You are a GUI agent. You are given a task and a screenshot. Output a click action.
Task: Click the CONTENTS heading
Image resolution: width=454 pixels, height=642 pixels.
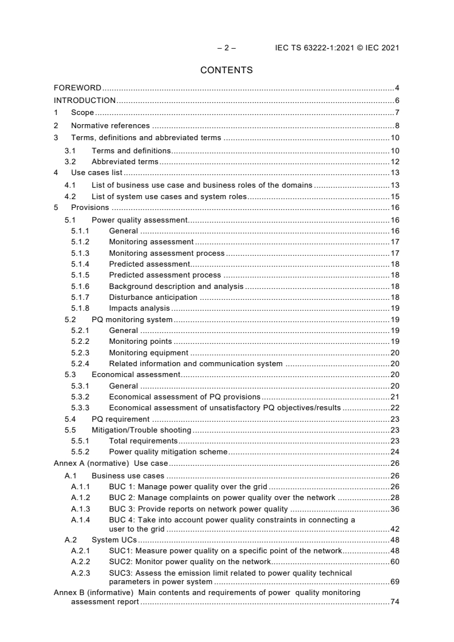coord(227,70)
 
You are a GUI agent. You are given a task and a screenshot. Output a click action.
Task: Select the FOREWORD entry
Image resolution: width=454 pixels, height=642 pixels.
coord(77,88)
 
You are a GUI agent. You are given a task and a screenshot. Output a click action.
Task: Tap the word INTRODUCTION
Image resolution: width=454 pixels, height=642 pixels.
coord(84,100)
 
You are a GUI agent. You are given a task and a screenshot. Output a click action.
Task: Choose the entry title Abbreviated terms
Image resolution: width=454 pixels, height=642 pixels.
coord(125,162)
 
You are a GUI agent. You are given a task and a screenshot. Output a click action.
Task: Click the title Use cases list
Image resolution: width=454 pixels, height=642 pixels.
coord(97,172)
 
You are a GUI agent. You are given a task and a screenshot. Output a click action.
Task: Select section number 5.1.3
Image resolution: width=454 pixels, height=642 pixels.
coord(81,253)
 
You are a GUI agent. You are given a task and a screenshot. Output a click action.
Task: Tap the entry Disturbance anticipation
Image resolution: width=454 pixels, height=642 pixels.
coord(153,297)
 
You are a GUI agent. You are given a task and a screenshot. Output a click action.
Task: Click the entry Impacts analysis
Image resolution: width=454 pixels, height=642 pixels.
coord(139,308)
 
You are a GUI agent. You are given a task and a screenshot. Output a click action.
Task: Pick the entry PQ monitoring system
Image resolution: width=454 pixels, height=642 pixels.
coord(132,319)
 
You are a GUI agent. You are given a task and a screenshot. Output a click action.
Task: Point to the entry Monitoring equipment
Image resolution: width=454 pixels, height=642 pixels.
coord(148,352)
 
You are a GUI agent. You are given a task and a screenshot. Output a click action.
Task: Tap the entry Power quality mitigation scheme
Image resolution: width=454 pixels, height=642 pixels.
coord(168,451)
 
